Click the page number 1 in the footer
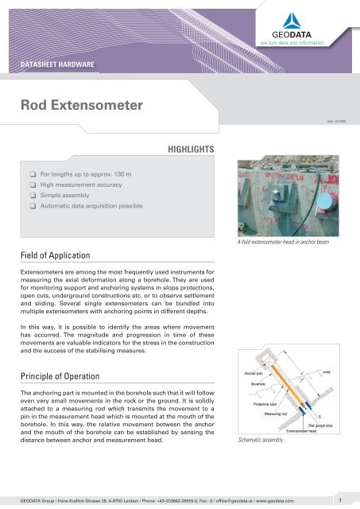pyautogui.click(x=339, y=500)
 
